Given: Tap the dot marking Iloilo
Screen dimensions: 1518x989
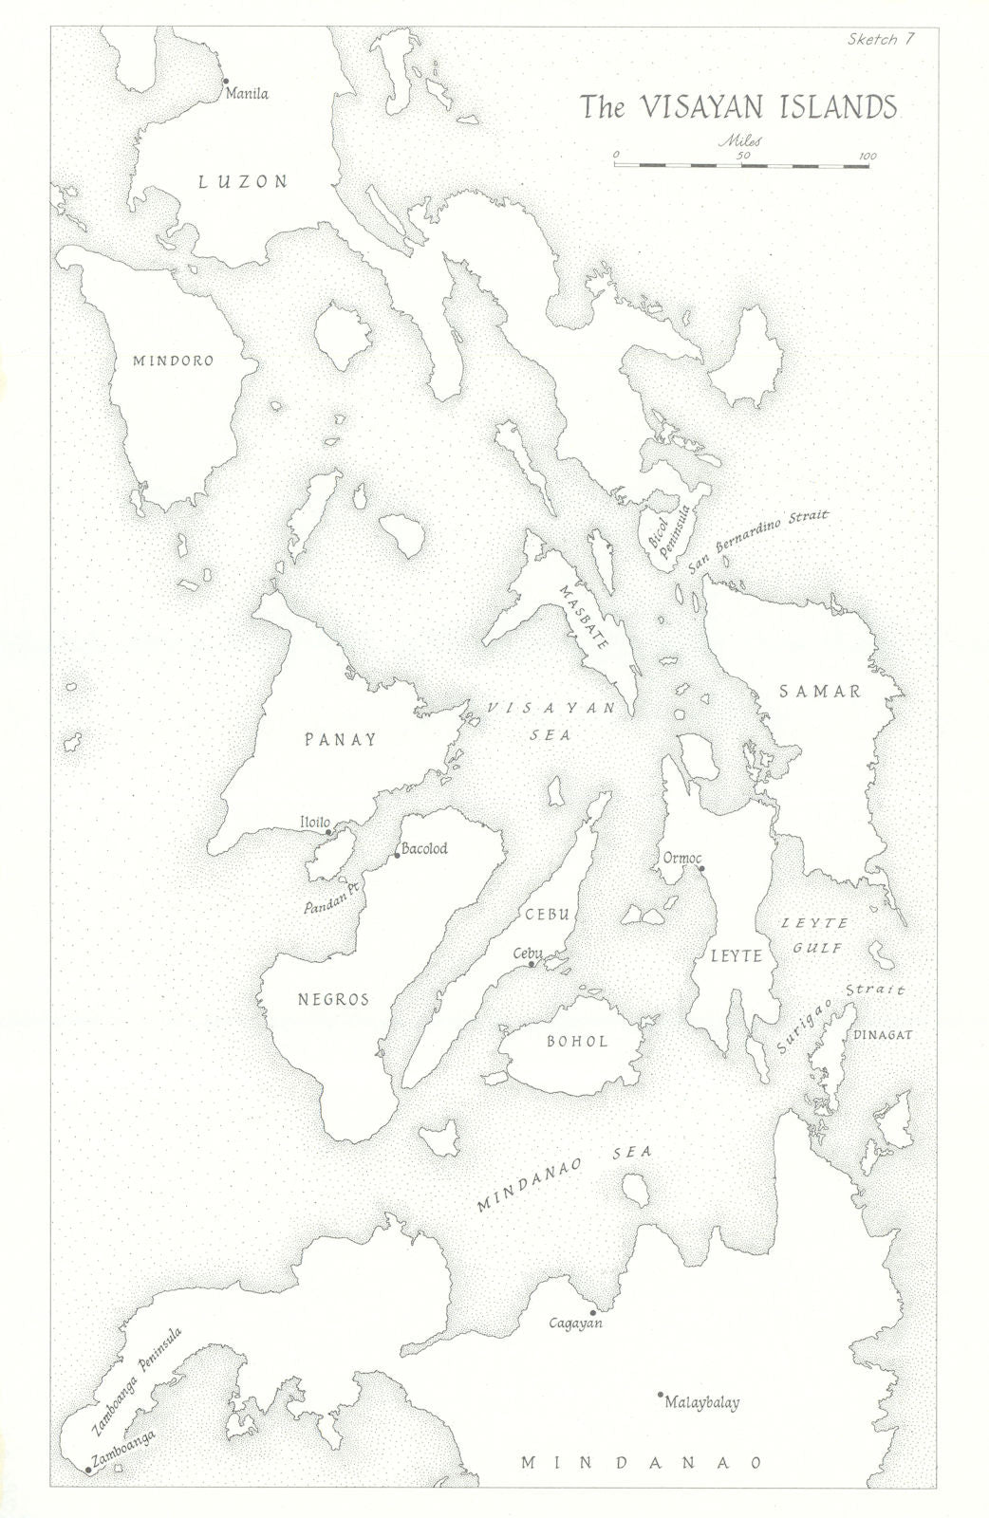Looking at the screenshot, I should click(x=328, y=832).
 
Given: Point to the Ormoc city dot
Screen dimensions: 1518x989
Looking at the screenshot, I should click(x=700, y=868).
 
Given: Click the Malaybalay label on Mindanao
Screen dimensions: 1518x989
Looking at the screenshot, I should click(x=702, y=1401).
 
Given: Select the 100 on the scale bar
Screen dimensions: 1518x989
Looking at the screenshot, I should click(x=866, y=156).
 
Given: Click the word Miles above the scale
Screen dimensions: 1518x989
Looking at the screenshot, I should click(x=740, y=139).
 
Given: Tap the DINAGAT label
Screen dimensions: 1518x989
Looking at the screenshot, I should click(x=883, y=1035).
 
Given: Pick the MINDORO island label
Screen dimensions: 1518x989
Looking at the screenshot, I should click(x=173, y=361).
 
